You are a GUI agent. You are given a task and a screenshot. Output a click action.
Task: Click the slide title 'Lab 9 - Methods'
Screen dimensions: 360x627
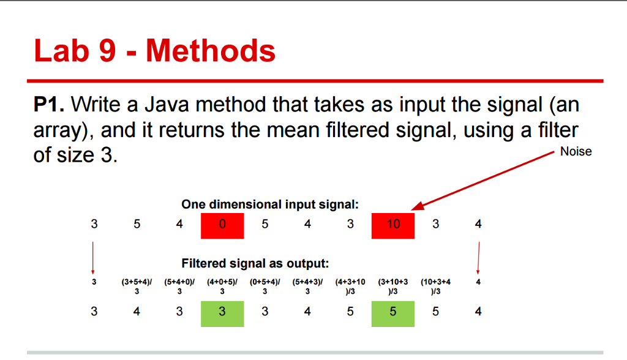point(154,51)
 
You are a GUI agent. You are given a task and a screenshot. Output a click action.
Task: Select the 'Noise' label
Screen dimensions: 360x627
point(576,152)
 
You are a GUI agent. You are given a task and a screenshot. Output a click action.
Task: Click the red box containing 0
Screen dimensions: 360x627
point(222,225)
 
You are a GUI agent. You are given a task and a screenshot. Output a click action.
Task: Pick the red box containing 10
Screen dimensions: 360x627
point(392,225)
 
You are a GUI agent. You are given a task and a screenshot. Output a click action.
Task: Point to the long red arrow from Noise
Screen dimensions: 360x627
point(484,179)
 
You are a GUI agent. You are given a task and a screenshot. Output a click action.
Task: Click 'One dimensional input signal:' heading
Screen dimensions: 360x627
point(270,204)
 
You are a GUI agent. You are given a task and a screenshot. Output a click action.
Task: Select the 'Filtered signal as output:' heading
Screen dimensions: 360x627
point(255,264)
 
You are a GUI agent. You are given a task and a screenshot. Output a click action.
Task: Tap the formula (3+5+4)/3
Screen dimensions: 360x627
point(137,287)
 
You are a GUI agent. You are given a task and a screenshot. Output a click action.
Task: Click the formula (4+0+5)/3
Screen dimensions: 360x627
point(222,287)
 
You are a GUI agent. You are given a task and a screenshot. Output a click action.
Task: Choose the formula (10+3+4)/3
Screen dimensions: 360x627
point(435,287)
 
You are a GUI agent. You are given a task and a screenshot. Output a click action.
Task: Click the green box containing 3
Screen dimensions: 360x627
point(222,312)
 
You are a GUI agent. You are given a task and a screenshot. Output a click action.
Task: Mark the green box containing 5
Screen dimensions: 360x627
point(392,312)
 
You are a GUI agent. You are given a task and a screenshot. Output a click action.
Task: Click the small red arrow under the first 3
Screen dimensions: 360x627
point(93,257)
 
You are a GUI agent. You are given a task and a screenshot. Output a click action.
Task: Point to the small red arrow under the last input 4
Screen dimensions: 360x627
point(478,257)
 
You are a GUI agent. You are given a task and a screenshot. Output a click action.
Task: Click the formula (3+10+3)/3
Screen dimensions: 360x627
point(392,287)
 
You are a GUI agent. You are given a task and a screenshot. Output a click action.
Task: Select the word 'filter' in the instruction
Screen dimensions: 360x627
point(556,130)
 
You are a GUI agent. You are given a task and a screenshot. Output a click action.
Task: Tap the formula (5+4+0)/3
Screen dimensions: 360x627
point(179,287)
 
